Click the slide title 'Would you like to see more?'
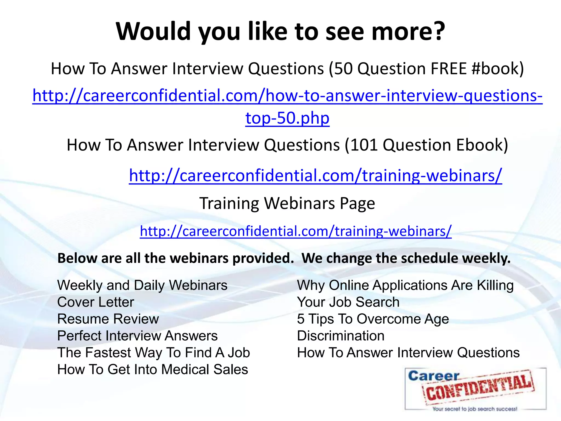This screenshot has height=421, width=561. pos(280,32)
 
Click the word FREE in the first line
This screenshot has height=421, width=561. pos(448,69)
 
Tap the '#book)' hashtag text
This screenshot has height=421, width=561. pos(498,69)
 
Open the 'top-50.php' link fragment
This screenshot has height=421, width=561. pos(287,118)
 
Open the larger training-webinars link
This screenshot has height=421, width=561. pos(315,175)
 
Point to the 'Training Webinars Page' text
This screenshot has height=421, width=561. pos(287,203)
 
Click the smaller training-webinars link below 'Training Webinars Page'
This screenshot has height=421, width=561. pos(296,231)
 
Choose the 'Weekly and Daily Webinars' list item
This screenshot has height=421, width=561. pos(142,285)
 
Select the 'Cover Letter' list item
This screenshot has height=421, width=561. pos(96,302)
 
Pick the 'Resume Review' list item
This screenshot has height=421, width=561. pos(108,319)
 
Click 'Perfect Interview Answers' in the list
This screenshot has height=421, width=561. pos(137,336)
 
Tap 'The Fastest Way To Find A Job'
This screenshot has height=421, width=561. pos(153,353)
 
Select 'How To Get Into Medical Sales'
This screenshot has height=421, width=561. pos(153,369)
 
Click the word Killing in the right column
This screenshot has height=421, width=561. pos(495,285)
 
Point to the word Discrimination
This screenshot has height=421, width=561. pos(341,336)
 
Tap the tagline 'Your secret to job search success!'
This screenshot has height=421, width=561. pos(475,409)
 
